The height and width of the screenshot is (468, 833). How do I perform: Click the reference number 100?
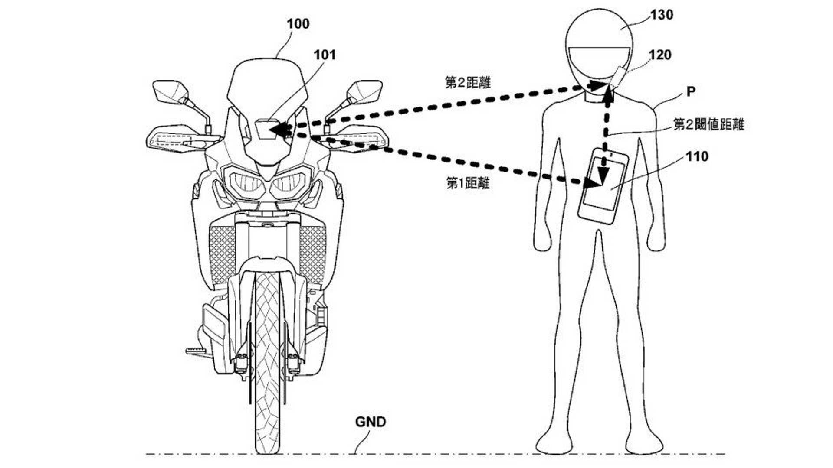tap(298, 24)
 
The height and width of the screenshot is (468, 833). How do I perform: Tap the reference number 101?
tap(325, 55)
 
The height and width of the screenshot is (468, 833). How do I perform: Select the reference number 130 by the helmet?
tap(662, 15)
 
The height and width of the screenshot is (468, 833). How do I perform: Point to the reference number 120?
tap(660, 55)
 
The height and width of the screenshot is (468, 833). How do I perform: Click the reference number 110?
tap(697, 156)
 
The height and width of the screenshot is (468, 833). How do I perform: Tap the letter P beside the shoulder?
tap(691, 92)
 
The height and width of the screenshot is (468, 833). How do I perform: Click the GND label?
tap(371, 422)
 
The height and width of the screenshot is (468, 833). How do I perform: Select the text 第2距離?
tap(468, 83)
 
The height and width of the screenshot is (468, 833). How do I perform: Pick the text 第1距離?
tap(468, 184)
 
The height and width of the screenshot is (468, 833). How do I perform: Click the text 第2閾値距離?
tap(708, 125)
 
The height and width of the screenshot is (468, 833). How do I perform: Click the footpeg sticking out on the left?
tap(198, 350)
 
